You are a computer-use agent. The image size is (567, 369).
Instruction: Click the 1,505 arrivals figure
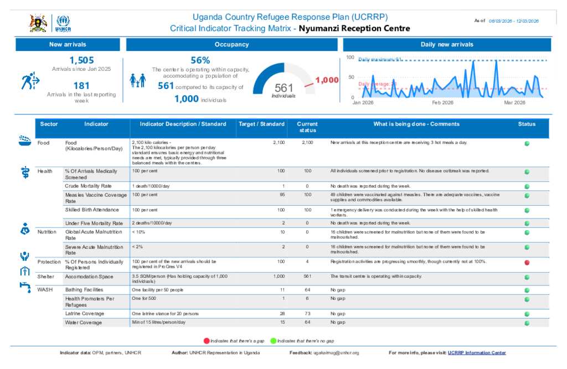click(x=81, y=60)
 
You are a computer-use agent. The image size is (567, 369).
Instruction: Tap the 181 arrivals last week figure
click(x=81, y=86)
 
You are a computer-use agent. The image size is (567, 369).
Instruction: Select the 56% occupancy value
click(x=200, y=60)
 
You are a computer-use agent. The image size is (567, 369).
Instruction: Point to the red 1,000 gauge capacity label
click(x=327, y=80)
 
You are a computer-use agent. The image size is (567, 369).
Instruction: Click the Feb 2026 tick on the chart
click(x=442, y=103)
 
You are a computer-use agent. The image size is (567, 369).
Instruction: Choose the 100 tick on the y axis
click(x=350, y=58)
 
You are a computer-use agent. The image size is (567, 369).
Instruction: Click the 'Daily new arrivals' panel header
click(x=446, y=44)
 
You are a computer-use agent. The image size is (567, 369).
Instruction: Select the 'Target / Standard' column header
click(x=261, y=124)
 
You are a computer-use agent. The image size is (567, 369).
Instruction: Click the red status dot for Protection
click(x=527, y=262)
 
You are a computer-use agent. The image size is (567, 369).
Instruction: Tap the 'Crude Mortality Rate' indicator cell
click(x=88, y=186)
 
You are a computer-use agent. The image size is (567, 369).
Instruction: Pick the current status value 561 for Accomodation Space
click(x=308, y=276)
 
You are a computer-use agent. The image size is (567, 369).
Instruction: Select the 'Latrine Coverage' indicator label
click(x=84, y=314)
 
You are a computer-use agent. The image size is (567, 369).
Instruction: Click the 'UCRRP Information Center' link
click(x=477, y=353)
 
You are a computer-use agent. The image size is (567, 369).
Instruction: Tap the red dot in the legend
click(x=207, y=341)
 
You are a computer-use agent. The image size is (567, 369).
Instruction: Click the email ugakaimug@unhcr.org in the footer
click(x=336, y=353)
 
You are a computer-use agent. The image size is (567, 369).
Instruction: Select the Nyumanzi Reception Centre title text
click(x=354, y=28)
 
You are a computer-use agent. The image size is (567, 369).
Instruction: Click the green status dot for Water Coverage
click(x=527, y=323)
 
